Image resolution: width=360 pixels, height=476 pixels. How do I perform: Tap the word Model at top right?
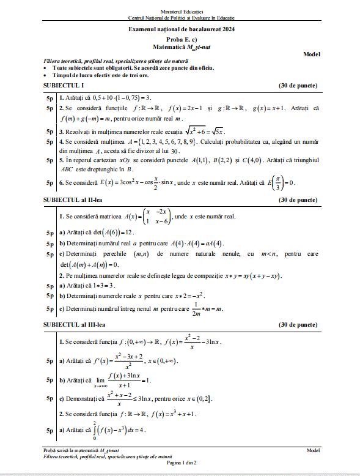pyautogui.click(x=312, y=54)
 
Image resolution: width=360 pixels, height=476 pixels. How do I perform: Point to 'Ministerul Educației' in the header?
pyautogui.click(x=182, y=12)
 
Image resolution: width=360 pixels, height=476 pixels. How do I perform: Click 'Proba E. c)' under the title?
pyautogui.click(x=182, y=39)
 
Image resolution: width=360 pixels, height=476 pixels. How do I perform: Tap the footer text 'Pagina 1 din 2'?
pyautogui.click(x=182, y=463)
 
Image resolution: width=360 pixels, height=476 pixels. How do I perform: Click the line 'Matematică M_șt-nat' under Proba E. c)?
pyautogui.click(x=182, y=46)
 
